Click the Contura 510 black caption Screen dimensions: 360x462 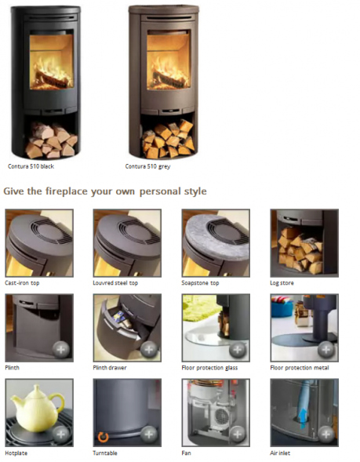click(31, 166)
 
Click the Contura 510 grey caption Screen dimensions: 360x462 click(148, 166)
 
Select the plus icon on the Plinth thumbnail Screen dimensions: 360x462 click(61, 350)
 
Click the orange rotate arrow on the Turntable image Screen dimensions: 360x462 click(103, 437)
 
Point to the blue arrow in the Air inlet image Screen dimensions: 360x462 click(303, 420)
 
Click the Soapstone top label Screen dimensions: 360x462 click(200, 283)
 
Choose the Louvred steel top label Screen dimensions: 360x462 click(115, 283)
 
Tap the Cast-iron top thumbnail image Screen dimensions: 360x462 click(39, 243)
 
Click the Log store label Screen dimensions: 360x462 click(282, 283)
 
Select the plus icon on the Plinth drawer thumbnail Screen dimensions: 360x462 click(149, 350)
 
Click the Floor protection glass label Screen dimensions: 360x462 click(209, 368)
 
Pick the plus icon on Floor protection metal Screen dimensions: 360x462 click(325, 350)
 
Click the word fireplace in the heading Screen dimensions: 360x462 click(67, 191)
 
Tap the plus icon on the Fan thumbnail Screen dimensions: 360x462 click(238, 435)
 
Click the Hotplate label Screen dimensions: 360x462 click(16, 453)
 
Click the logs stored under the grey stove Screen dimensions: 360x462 click(169, 139)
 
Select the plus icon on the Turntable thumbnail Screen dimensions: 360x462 click(149, 435)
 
